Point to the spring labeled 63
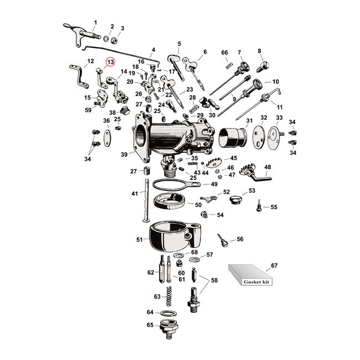[171, 296]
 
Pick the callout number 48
[268, 167]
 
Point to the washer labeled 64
[169, 313]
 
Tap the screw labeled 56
[223, 242]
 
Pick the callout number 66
[225, 53]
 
